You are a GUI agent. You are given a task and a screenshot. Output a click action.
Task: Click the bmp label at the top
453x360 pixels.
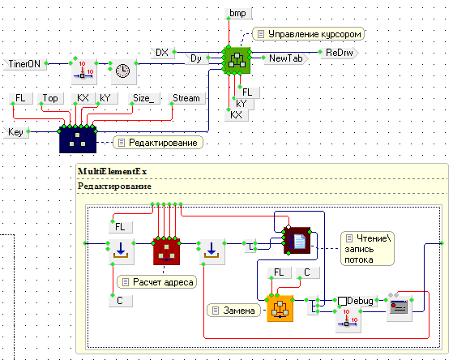(238, 13)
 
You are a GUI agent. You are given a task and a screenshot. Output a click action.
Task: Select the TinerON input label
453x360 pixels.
(25, 64)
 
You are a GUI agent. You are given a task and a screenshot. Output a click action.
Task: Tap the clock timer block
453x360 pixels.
(123, 71)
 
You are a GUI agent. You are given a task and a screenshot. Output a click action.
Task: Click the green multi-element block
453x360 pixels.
(237, 60)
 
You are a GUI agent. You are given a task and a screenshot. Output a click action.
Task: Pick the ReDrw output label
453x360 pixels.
(340, 53)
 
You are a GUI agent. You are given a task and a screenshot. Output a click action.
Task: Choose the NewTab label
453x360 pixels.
(286, 58)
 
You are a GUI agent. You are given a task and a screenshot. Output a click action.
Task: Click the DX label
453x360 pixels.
(162, 53)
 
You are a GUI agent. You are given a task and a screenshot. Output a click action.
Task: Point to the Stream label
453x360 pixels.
(186, 98)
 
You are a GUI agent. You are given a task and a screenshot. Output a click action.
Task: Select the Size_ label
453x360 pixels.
(143, 98)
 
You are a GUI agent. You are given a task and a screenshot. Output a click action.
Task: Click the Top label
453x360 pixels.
(50, 98)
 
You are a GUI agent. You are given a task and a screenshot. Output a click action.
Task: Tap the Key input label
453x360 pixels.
(16, 132)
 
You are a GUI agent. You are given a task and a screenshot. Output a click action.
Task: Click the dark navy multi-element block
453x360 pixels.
(78, 139)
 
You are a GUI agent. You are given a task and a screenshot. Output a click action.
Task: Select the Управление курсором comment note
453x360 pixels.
(308, 34)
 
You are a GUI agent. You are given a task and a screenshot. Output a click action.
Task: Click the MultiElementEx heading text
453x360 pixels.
(112, 171)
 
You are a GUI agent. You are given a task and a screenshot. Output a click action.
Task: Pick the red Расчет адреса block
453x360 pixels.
(166, 251)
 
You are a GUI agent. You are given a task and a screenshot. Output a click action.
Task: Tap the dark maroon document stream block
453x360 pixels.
(297, 241)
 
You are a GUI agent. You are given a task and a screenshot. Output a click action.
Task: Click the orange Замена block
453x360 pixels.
(280, 309)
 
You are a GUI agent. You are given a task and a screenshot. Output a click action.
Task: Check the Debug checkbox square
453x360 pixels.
(342, 301)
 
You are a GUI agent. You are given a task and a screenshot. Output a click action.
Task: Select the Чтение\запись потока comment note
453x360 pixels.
(367, 249)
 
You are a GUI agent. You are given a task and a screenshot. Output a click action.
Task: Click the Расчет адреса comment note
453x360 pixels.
(157, 282)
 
